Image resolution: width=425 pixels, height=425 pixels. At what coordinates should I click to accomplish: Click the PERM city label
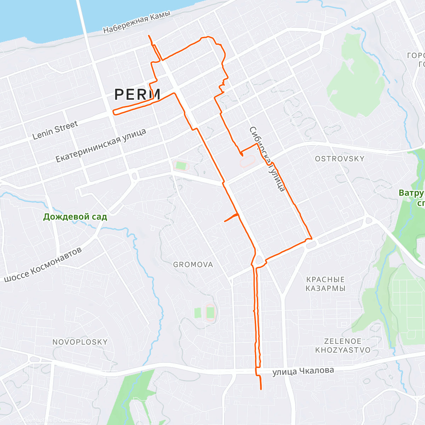(137, 94)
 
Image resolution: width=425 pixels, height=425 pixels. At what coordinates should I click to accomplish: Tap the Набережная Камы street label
(137, 22)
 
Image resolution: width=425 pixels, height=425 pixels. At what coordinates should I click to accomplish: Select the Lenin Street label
(55, 130)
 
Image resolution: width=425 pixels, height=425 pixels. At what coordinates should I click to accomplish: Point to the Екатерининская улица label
(101, 146)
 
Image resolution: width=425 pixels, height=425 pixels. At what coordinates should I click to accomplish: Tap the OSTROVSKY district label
(340, 159)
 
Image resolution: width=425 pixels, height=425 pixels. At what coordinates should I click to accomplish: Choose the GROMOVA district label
(193, 265)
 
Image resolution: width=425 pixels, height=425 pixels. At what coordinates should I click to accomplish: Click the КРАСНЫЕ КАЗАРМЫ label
(325, 284)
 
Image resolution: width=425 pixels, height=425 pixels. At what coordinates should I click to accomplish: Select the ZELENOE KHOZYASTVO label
(343, 346)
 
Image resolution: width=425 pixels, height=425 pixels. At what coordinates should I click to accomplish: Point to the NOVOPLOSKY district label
(80, 342)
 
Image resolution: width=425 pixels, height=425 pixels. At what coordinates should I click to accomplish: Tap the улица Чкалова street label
(303, 372)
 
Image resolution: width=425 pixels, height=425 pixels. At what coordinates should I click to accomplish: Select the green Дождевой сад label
(75, 217)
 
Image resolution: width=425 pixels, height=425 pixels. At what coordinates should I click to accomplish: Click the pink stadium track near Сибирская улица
(248, 161)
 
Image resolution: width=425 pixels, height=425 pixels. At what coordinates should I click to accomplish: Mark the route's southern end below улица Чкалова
(261, 389)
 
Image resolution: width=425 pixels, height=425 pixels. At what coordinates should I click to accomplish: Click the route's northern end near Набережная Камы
(149, 36)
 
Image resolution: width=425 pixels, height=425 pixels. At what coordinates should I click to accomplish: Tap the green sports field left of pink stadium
(181, 165)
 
